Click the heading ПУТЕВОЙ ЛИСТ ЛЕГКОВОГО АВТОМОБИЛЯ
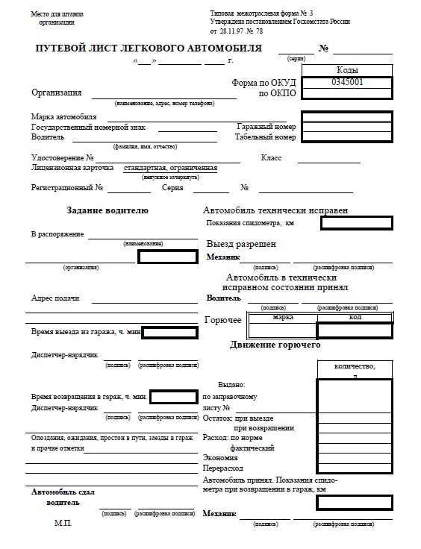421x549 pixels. click(x=149, y=48)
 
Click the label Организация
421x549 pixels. click(x=57, y=92)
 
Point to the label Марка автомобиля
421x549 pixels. click(x=64, y=117)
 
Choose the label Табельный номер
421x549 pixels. click(x=265, y=137)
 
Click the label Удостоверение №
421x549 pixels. click(x=63, y=158)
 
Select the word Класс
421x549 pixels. click(x=271, y=158)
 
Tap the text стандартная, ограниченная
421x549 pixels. click(x=170, y=169)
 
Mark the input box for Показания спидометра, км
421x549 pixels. click(x=356, y=222)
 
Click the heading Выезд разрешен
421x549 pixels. click(x=241, y=244)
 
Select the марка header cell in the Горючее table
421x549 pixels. click(x=283, y=317)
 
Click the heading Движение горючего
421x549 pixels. click(x=275, y=345)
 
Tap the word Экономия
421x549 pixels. click(x=220, y=458)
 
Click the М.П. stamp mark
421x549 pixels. click(x=63, y=524)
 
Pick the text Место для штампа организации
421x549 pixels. click(x=57, y=18)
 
